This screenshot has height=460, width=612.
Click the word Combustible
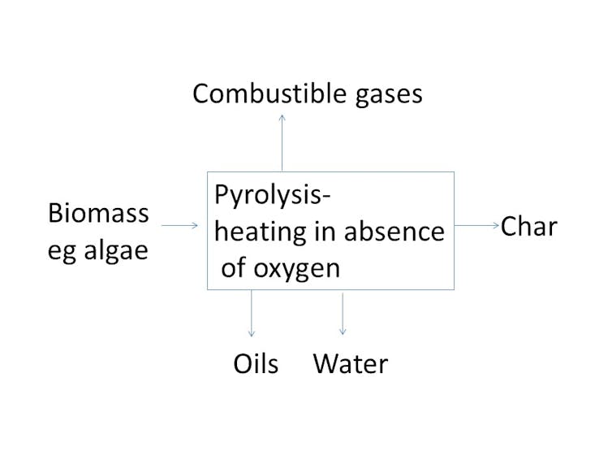coord(269,93)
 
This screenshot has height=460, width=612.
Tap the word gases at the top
coord(389,97)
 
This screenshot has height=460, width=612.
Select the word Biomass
coord(98,213)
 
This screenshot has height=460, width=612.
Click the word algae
coord(116,250)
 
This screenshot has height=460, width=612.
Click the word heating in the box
coord(260,232)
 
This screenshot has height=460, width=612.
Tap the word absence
coord(394,232)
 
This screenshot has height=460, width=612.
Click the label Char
coord(529,226)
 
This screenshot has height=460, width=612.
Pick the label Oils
coord(256,363)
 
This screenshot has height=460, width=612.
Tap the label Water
coord(351,364)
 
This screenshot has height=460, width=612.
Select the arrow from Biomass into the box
coord(180,225)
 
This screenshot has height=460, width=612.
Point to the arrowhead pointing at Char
coord(497,225)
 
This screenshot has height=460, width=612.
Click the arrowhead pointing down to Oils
coord(252,334)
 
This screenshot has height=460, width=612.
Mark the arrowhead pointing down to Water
coord(343,332)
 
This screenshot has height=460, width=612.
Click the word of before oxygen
coord(235,267)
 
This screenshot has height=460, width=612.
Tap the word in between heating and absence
coord(325,232)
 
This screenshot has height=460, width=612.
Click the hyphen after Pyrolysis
coord(326,197)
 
